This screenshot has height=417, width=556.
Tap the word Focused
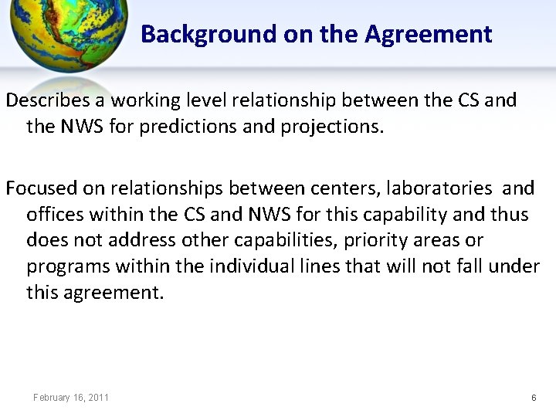45,188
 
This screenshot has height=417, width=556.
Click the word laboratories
440,188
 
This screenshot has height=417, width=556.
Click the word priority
376,240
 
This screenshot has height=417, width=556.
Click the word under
514,266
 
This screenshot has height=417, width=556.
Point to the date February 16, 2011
71,398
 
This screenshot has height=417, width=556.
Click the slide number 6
534,398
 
